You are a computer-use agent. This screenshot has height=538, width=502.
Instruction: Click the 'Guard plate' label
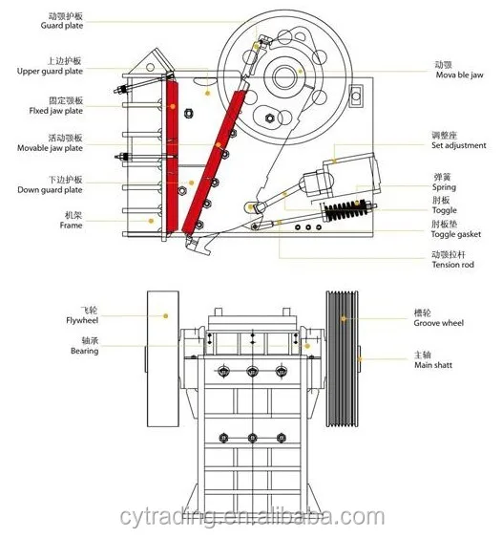62,26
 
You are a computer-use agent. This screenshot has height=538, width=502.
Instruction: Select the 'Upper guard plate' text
50,71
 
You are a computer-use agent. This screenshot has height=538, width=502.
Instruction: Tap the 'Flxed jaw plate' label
56,111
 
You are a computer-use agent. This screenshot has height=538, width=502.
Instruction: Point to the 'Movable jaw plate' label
50,148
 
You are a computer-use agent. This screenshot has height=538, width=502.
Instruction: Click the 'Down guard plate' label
50,190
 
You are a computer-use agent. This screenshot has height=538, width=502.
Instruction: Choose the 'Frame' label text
71,226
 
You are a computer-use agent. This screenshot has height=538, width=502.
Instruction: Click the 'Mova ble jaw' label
459,75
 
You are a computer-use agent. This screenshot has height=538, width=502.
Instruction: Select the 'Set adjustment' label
459,145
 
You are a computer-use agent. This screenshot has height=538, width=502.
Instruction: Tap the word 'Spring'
444,187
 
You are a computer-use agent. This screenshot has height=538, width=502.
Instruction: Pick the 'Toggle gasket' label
456,234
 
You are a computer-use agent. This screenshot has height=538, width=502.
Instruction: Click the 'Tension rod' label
453,265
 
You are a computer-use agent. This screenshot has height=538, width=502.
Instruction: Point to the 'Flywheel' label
82,320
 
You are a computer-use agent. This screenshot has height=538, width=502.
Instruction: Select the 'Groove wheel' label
439,323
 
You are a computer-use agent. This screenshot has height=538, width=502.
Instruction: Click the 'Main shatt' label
433,365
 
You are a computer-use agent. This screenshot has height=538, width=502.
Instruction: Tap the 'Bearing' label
85,351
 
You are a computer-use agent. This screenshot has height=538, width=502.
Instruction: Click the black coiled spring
346,210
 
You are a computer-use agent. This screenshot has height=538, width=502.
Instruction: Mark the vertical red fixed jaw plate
173,155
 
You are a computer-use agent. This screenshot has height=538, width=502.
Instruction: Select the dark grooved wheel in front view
342,359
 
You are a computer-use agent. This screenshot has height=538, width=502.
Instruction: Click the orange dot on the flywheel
165,316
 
